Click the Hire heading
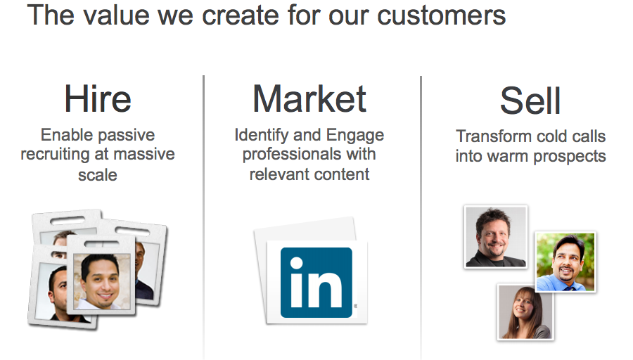click(x=98, y=98)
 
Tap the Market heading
click(x=309, y=98)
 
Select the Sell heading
click(x=530, y=101)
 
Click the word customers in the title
click(x=441, y=15)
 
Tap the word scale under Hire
click(x=98, y=175)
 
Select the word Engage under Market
click(x=355, y=136)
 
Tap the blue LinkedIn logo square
click(x=316, y=283)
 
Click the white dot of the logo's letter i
click(x=296, y=263)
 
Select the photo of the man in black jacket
click(x=496, y=237)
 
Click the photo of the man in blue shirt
click(x=565, y=262)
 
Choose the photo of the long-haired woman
click(x=525, y=311)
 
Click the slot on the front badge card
click(x=101, y=243)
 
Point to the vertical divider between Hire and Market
click(x=204, y=217)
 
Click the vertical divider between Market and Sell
click(x=421, y=217)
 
